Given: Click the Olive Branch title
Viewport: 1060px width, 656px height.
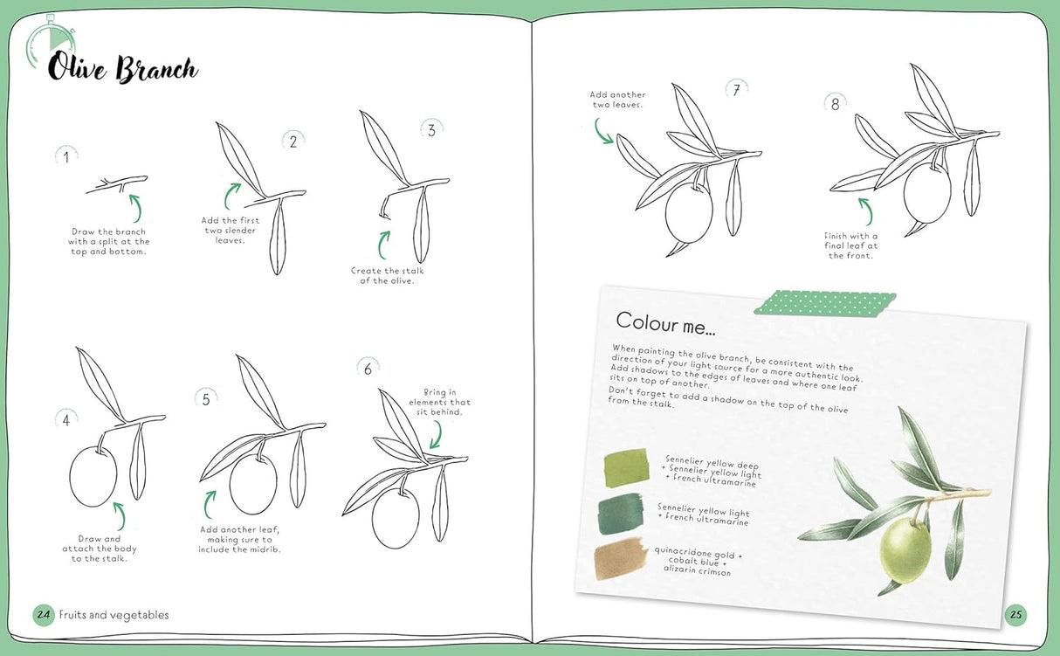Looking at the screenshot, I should [122, 68].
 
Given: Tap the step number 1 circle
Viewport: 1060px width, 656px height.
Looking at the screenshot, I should [66, 157].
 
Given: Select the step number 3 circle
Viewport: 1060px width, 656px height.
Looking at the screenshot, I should [430, 130].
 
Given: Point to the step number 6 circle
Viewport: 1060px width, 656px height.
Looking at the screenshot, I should [368, 369].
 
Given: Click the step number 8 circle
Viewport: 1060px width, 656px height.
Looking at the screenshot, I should [835, 104].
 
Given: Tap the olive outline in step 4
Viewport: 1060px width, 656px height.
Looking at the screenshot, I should [93, 477].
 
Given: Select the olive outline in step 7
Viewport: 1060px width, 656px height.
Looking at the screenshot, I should [689, 212].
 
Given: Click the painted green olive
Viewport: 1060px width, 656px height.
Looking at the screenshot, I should [905, 550].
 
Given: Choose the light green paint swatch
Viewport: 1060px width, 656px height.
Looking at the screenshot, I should [626, 463].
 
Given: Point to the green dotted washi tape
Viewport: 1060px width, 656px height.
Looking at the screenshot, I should [825, 302].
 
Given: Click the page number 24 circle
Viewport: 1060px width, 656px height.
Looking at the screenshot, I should [44, 614].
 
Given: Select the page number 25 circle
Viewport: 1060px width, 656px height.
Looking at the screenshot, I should [1015, 614].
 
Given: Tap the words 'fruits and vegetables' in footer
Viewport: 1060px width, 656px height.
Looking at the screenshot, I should [114, 615].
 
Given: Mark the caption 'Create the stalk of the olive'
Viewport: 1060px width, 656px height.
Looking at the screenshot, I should [388, 275].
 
